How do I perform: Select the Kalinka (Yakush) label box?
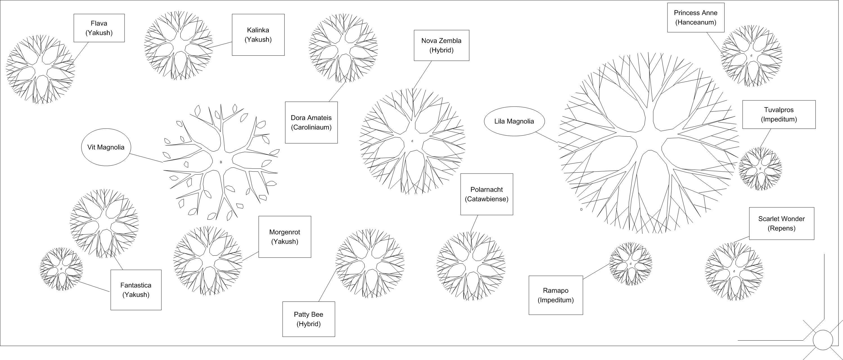(x=258, y=35)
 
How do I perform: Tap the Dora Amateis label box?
(x=311, y=122)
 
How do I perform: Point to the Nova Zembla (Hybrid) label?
(x=441, y=46)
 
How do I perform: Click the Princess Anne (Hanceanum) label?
(x=696, y=18)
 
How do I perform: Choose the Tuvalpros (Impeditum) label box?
(x=779, y=114)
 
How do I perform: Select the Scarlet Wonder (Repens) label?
(x=781, y=224)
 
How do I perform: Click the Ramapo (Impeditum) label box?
(x=556, y=295)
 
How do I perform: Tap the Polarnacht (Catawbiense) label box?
(x=487, y=194)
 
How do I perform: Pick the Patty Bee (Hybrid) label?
(x=308, y=319)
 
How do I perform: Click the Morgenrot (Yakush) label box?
(x=285, y=237)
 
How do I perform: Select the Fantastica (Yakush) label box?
(x=136, y=290)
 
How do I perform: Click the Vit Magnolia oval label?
(x=106, y=147)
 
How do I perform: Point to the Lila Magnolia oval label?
(x=514, y=121)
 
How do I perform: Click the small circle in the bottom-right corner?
(x=823, y=340)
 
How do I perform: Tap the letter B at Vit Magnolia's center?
(x=221, y=162)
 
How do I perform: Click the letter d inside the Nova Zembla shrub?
(x=412, y=141)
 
